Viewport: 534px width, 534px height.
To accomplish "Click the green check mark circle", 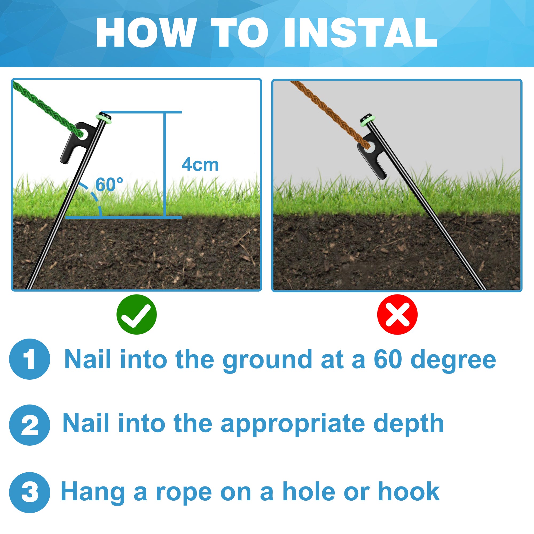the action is click(136, 314).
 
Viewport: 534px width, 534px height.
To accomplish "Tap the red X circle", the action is click(397, 314).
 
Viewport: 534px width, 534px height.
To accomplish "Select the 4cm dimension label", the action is click(200, 164).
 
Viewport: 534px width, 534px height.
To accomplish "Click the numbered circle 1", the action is click(30, 359).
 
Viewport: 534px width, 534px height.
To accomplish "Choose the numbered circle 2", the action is click(30, 425).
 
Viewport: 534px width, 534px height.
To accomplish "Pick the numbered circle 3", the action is click(30, 493).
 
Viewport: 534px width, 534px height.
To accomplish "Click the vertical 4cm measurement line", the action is click(165, 165).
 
